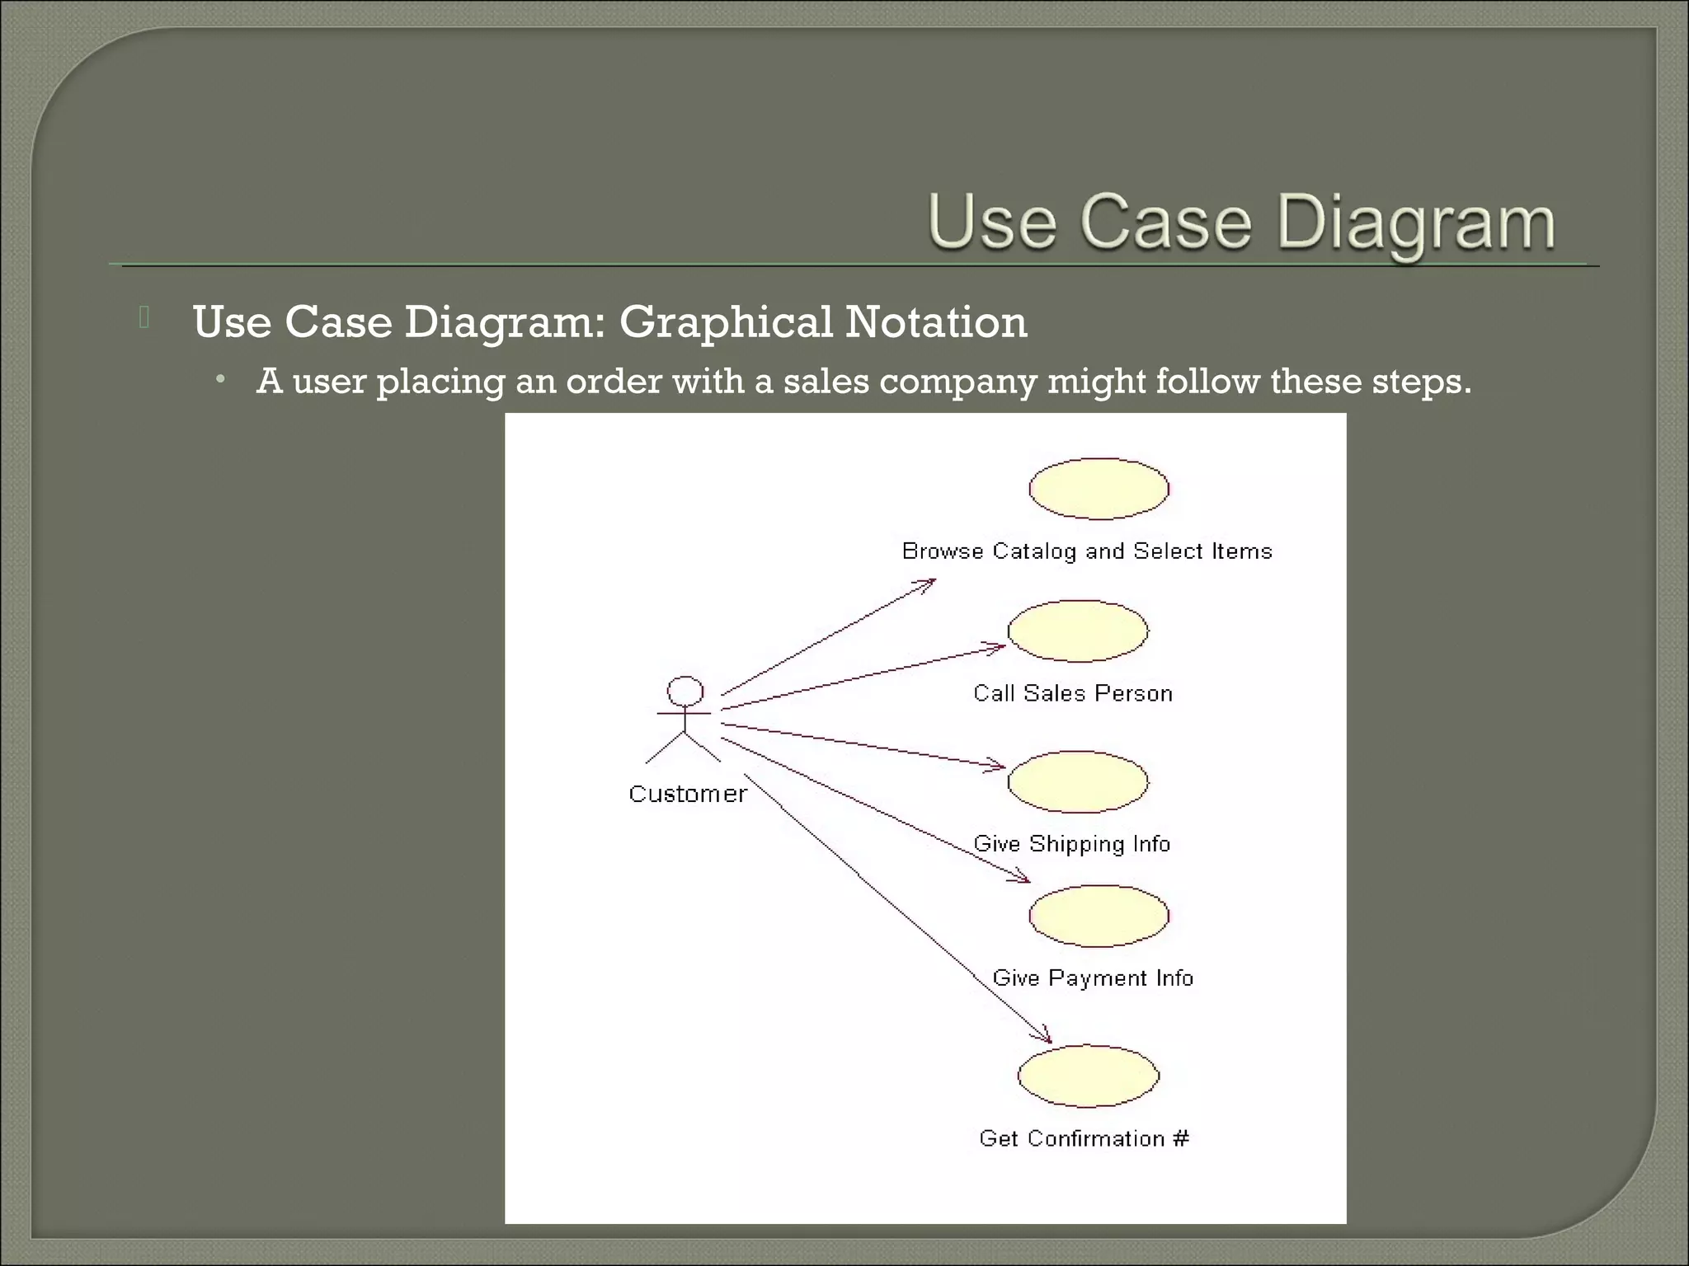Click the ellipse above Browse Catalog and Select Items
pyautogui.click(x=1099, y=489)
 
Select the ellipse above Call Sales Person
pyautogui.click(x=1077, y=631)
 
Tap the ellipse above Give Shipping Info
pyautogui.click(x=1077, y=781)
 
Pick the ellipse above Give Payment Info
pyautogui.click(x=1099, y=916)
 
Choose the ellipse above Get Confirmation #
pyautogui.click(x=1089, y=1076)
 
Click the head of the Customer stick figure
pyautogui.click(x=685, y=691)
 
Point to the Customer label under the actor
pyautogui.click(x=687, y=794)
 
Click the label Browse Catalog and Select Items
pyautogui.click(x=1087, y=551)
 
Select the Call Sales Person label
pyautogui.click(x=1072, y=693)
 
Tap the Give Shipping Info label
pyautogui.click(x=1072, y=844)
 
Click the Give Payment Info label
pyautogui.click(x=1093, y=978)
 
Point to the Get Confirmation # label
pyautogui.click(x=1084, y=1138)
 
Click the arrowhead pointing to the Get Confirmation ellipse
pyautogui.click(x=1046, y=1037)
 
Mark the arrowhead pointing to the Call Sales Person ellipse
pyautogui.click(x=998, y=647)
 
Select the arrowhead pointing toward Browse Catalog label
pyautogui.click(x=928, y=583)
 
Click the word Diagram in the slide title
pyautogui.click(x=1416, y=223)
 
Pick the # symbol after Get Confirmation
pyautogui.click(x=1181, y=1138)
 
